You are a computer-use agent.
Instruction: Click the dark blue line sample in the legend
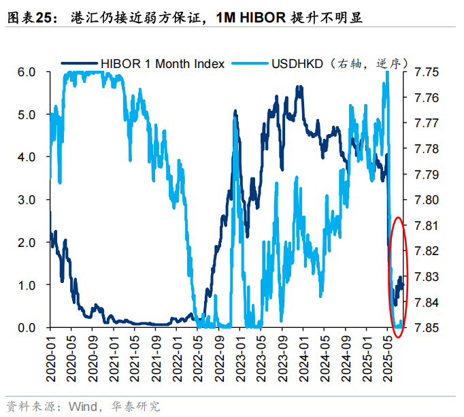coord(79,64)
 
